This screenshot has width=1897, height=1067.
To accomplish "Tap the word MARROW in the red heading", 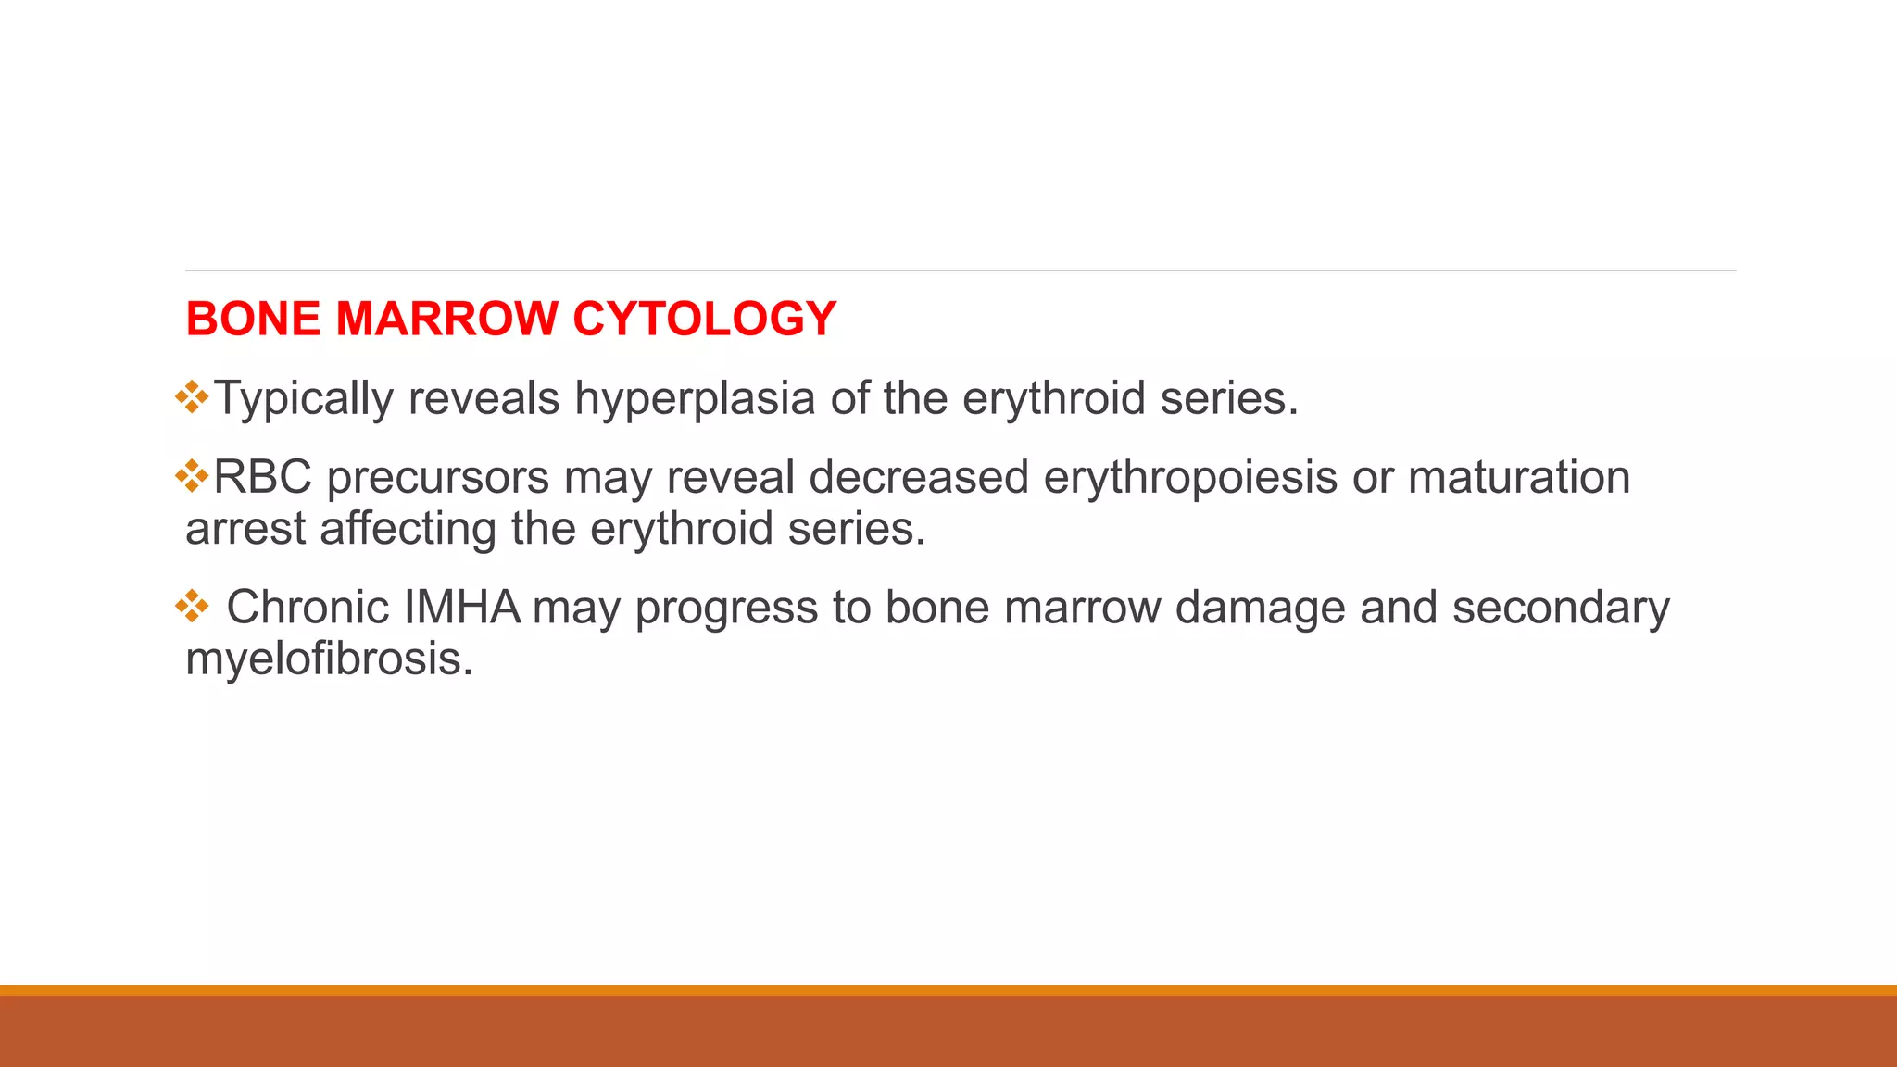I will click(x=446, y=319).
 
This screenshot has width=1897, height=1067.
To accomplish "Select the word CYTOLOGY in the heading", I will click(x=704, y=319).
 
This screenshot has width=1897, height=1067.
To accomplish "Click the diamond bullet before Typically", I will click(x=192, y=396).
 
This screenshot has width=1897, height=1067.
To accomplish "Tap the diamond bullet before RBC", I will click(x=192, y=476).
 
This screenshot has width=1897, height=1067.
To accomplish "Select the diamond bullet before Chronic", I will click(x=192, y=607).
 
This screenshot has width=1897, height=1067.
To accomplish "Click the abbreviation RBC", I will click(x=262, y=478).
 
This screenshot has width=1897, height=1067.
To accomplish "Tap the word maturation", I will click(x=1519, y=478).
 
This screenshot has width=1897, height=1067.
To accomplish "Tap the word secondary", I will click(x=1560, y=609).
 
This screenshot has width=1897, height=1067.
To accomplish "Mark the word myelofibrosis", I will click(x=329, y=659).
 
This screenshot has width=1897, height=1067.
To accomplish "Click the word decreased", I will click(x=918, y=478).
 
